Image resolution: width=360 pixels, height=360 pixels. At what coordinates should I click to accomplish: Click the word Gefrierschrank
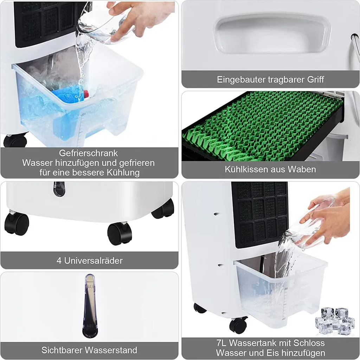click(x=88, y=153)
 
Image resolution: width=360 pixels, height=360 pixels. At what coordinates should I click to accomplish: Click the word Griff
click(x=315, y=79)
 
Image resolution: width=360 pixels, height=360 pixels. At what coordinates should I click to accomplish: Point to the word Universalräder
click(x=94, y=261)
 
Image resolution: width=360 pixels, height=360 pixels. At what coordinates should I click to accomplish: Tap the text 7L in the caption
click(x=221, y=343)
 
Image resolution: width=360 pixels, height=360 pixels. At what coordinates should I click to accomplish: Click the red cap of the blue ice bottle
click(x=86, y=94)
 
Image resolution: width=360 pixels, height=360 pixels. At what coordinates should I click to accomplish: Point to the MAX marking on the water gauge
click(x=90, y=287)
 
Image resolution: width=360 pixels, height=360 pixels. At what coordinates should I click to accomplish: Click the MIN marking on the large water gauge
click(x=90, y=326)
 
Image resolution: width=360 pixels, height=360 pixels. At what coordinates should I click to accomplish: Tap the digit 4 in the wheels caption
click(x=59, y=261)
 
